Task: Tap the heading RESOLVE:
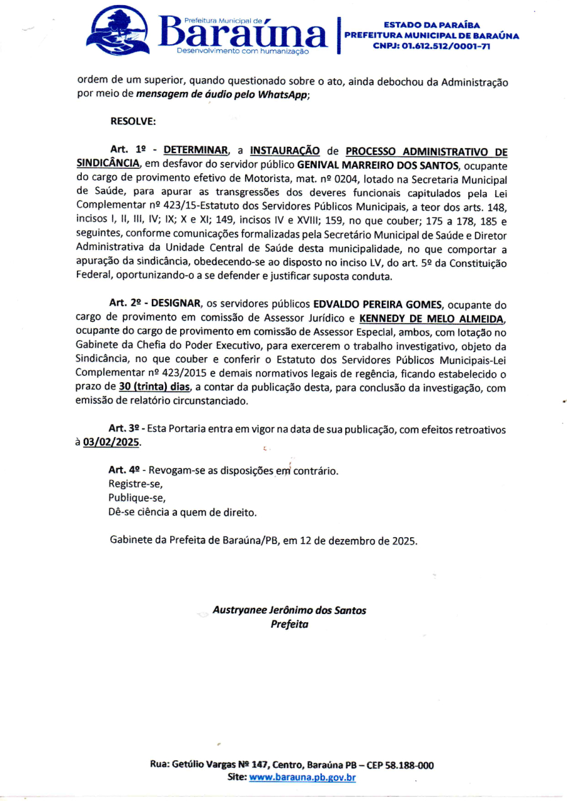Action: point(132,121)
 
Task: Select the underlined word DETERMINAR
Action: point(196,151)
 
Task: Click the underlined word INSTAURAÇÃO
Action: point(285,151)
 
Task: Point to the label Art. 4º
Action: point(123,470)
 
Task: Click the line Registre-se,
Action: point(135,484)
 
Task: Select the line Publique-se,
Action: point(137,498)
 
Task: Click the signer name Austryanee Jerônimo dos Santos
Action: point(289,610)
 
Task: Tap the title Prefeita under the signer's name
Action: point(289,624)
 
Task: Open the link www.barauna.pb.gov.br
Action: point(302,778)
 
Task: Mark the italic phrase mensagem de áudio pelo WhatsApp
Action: point(222,94)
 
